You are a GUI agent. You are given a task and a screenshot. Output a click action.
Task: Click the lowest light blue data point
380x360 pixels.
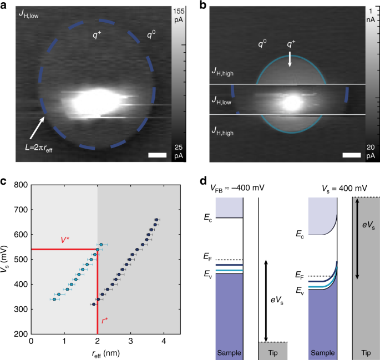pos(54,300)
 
